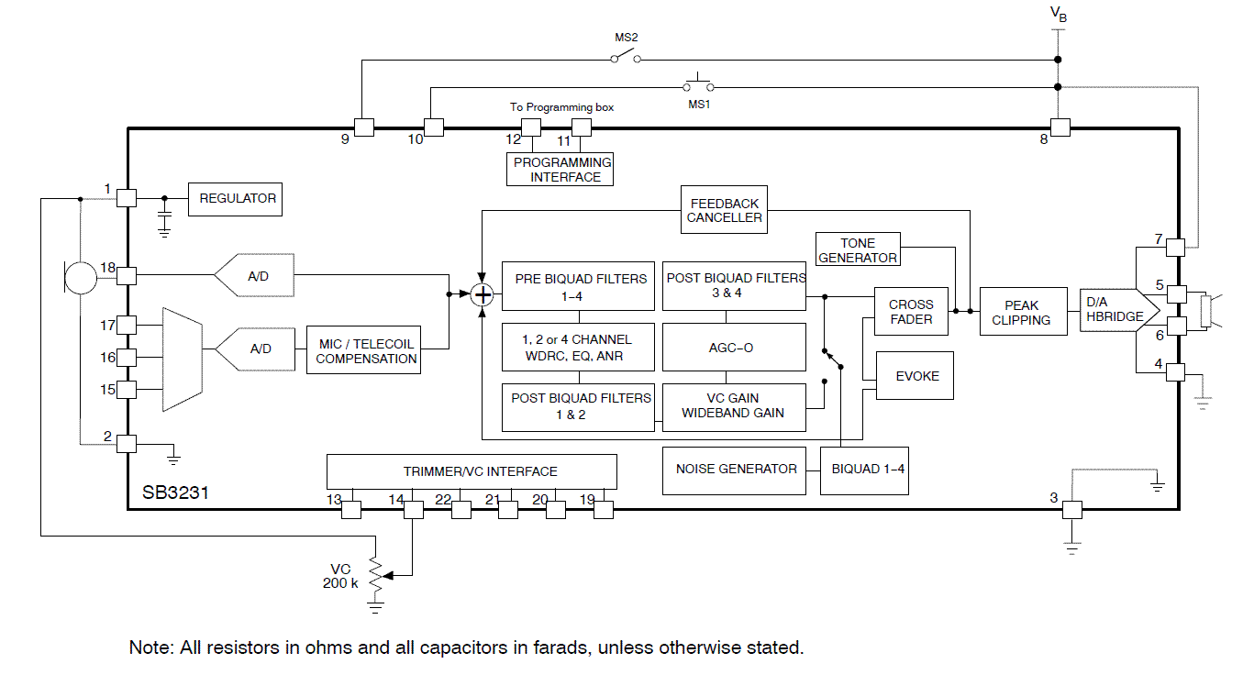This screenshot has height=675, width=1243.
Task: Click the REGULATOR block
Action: tap(238, 198)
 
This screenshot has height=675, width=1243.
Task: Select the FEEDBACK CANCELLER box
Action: tap(725, 210)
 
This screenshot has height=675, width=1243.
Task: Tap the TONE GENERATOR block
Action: tap(858, 250)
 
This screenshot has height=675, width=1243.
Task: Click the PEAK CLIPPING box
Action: tap(1021, 313)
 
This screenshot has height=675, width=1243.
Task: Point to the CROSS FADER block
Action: tap(911, 313)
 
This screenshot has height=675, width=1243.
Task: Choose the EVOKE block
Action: tap(917, 376)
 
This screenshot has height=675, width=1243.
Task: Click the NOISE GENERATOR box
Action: tap(736, 469)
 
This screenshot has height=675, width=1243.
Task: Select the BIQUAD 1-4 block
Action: tap(868, 469)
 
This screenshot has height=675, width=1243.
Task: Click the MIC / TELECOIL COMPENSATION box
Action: tap(366, 351)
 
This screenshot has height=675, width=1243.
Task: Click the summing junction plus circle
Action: tap(483, 294)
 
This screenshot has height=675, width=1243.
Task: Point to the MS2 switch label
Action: tap(626, 39)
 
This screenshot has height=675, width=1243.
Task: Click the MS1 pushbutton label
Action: tap(699, 105)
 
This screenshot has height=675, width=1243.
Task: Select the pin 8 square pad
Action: tap(1060, 127)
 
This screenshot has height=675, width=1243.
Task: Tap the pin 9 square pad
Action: tap(363, 127)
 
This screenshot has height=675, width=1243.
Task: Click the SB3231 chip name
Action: tap(175, 492)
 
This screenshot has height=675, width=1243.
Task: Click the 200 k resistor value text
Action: tap(340, 583)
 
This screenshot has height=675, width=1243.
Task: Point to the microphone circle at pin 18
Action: tap(80, 275)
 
